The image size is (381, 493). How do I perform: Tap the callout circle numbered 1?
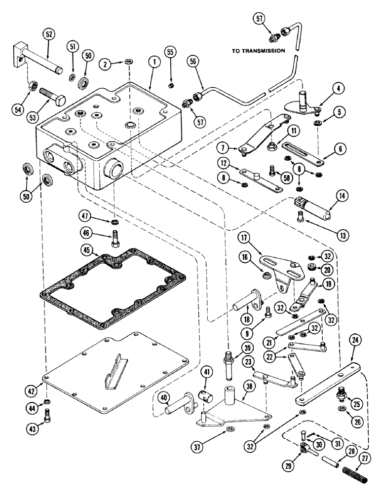[x=154, y=63]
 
